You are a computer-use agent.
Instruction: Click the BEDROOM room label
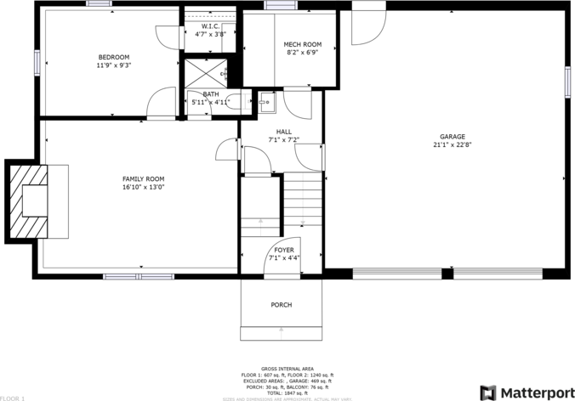coord(114,57)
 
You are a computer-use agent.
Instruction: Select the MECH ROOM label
coord(303,44)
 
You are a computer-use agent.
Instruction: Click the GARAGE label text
coord(452,137)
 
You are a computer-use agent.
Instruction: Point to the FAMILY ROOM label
coord(143,178)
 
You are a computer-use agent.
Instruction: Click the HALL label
coord(283,131)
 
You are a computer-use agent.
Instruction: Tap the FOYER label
coord(283,250)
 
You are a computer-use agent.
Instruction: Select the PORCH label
coord(282,304)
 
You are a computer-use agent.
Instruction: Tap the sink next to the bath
coord(266,104)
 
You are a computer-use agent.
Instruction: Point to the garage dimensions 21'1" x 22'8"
coord(452,144)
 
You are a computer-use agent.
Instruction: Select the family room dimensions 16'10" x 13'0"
coord(143,186)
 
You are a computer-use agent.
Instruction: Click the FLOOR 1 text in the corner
coord(13,397)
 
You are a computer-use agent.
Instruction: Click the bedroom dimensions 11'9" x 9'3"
coord(114,65)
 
